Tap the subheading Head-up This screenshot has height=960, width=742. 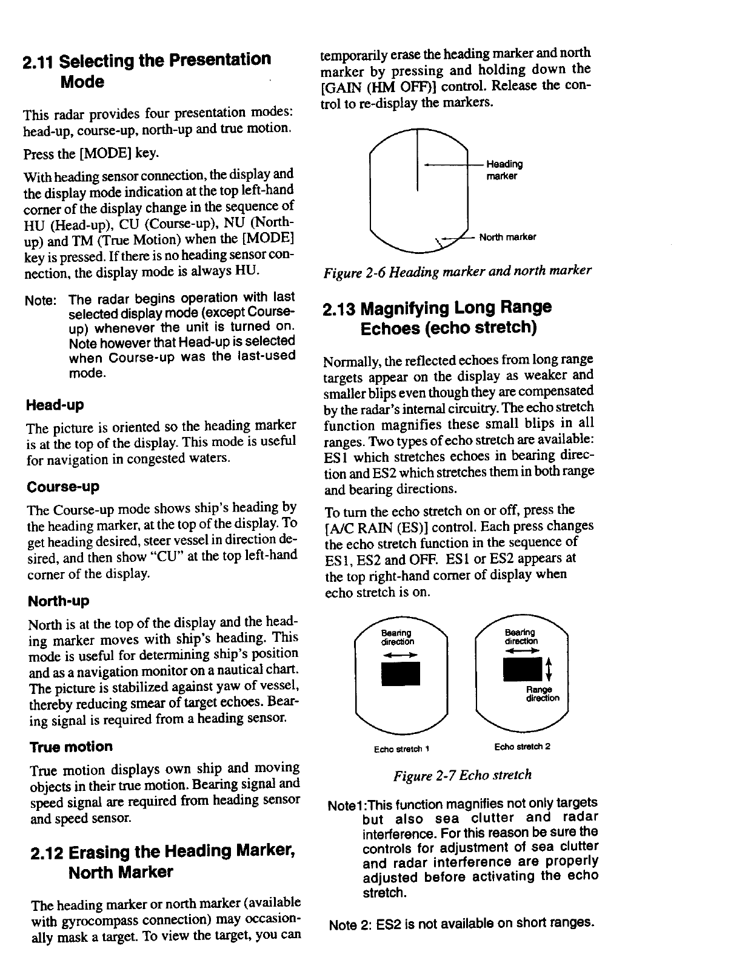(x=55, y=405)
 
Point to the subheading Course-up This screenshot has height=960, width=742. (x=63, y=487)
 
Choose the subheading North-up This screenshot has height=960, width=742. (x=58, y=601)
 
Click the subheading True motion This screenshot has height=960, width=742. (x=71, y=747)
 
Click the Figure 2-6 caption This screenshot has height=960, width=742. (x=458, y=270)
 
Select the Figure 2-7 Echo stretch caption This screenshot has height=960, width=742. (x=462, y=775)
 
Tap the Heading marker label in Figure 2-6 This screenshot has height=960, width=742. (x=504, y=170)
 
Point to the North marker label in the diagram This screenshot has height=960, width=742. (x=507, y=237)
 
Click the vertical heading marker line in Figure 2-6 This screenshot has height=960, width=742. (x=418, y=160)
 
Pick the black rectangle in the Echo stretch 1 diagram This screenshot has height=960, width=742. (x=401, y=673)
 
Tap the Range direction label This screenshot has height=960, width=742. (x=543, y=694)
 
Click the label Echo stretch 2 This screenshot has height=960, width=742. (x=522, y=746)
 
